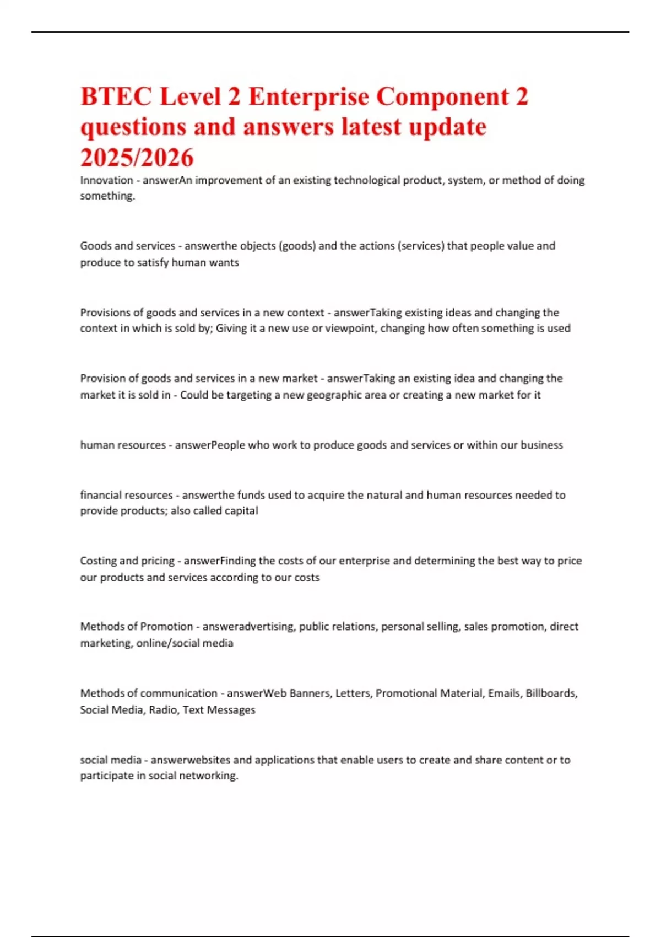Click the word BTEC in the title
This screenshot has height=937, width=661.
[116, 97]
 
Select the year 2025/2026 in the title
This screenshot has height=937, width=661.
[137, 158]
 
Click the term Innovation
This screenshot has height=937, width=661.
[106, 180]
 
